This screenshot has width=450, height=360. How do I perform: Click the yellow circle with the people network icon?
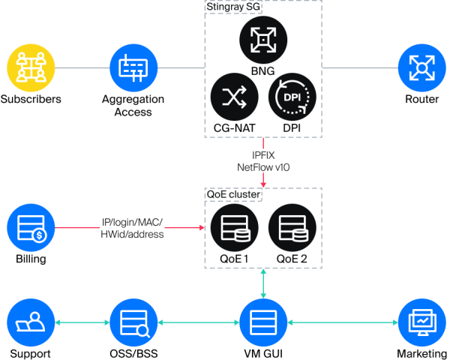click(x=31, y=67)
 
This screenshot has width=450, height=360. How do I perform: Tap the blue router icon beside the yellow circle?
click(x=133, y=67)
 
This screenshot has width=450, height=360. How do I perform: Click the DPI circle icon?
click(x=292, y=97)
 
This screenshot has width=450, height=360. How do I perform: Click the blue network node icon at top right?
click(x=421, y=67)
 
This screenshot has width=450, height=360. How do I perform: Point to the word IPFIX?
click(x=263, y=155)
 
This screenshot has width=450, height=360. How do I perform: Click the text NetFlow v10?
click(x=263, y=167)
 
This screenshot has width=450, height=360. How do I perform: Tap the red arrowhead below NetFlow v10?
click(x=263, y=184)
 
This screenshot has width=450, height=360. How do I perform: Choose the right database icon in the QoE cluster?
click(x=292, y=228)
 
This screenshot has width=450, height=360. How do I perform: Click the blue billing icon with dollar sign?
click(x=31, y=228)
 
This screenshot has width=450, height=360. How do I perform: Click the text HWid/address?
click(x=132, y=234)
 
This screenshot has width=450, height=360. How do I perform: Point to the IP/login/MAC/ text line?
click(x=132, y=222)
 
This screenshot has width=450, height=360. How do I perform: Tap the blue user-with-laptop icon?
click(x=31, y=323)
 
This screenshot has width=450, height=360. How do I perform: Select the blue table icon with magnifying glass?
click(x=133, y=323)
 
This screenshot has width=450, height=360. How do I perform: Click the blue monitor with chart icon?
click(x=421, y=323)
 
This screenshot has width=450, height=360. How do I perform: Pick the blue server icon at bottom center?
click(x=263, y=323)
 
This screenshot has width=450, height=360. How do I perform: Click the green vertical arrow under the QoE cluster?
click(x=263, y=284)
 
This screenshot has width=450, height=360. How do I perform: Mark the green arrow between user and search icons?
click(x=82, y=323)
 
